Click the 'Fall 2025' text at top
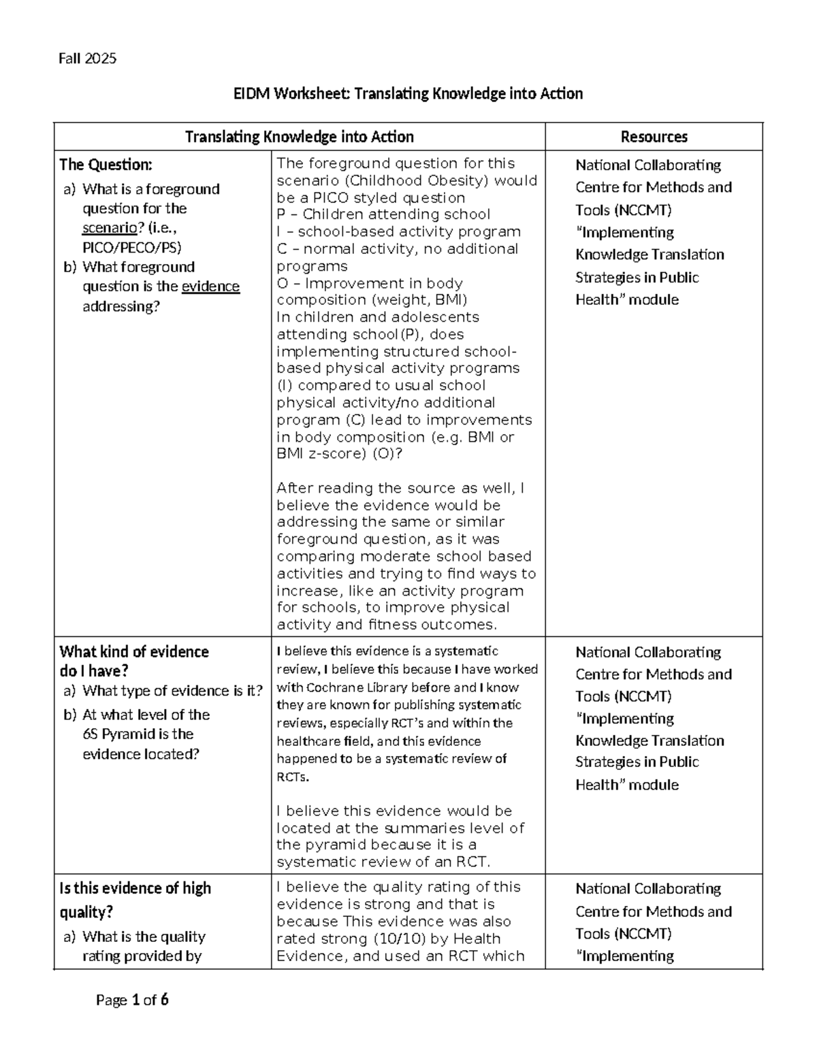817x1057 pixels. tap(87, 59)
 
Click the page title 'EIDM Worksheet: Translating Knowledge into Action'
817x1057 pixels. tap(408, 93)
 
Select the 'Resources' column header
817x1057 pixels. tap(654, 137)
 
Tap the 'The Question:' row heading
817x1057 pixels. tap(106, 165)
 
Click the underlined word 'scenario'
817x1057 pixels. tap(110, 228)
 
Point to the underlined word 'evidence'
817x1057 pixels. tap(210, 287)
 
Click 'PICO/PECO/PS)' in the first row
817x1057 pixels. tap(132, 248)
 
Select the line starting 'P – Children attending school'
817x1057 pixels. tap(383, 214)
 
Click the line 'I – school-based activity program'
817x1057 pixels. tap(398, 231)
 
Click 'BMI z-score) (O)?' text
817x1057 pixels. tap(339, 454)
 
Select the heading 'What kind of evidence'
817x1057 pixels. tap(134, 651)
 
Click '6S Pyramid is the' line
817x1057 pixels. tap(138, 734)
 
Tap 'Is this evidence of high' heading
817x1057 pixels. tap(135, 888)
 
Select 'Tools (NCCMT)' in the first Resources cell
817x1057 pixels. tap(623, 210)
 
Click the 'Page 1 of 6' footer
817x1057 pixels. tap(132, 1000)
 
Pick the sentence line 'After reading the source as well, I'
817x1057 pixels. tap(400, 488)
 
